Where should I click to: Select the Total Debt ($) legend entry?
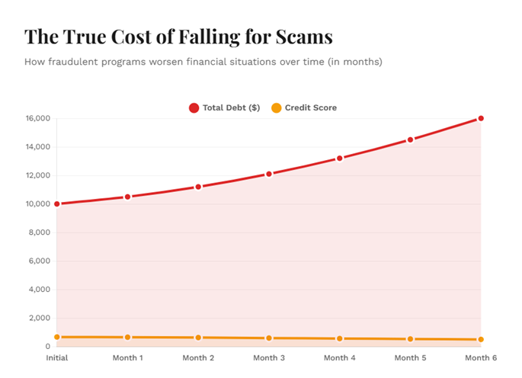point(225,107)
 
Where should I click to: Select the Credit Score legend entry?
point(304,107)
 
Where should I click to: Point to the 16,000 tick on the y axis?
point(37,119)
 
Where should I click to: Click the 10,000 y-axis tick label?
point(37,204)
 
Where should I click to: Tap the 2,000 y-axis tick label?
point(38,318)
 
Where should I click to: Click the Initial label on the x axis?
point(56,357)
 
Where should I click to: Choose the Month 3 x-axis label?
point(269,357)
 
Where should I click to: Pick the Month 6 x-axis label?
point(482,357)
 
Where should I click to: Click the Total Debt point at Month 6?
point(481,118)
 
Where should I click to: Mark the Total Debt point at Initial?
point(56,203)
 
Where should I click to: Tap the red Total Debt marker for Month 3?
point(269,174)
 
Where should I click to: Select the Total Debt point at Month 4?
point(340,159)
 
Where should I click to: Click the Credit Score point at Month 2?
point(198,338)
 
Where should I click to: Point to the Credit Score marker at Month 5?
point(410,339)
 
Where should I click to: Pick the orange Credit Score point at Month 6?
point(481,340)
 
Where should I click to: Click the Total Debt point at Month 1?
point(127,197)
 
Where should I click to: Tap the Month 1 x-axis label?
point(127,357)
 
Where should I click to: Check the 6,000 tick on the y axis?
point(38,261)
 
